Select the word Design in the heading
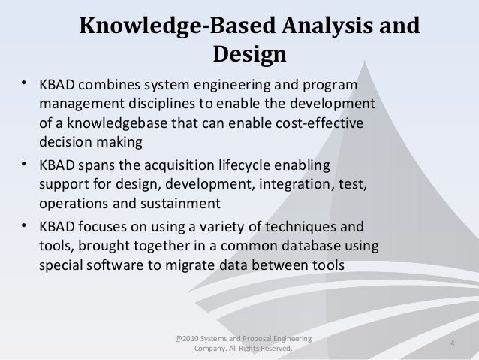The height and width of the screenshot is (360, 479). (x=250, y=56)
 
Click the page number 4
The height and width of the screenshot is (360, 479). (x=453, y=344)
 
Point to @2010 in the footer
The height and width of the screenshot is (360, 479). (x=186, y=340)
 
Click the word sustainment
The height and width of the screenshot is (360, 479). (x=180, y=204)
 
